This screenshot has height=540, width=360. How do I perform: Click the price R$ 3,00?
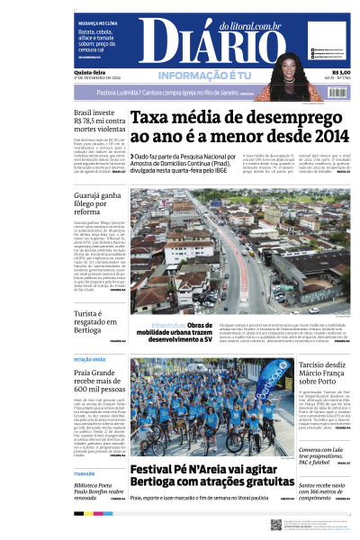pos(341,73)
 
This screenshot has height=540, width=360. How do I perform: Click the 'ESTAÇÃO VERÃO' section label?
pos(88,358)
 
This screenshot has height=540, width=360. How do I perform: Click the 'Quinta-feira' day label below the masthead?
pos(89,73)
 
